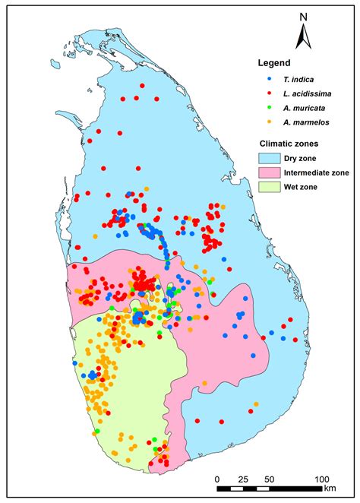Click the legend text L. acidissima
click(302, 94)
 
